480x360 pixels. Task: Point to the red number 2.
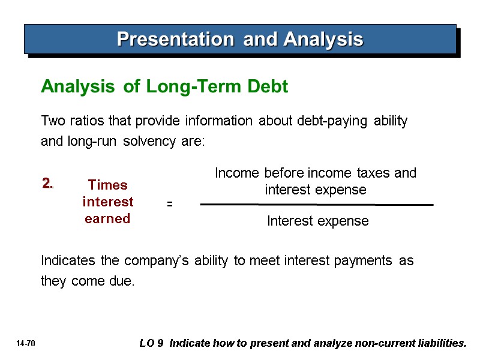pyautogui.click(x=48, y=184)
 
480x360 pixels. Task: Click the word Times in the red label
pyautogui.click(x=108, y=185)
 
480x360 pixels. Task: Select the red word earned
pyautogui.click(x=108, y=219)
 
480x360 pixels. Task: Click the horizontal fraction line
pyautogui.click(x=316, y=205)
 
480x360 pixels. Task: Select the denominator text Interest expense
pyautogui.click(x=317, y=221)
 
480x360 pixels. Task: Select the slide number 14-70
pyautogui.click(x=26, y=344)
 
